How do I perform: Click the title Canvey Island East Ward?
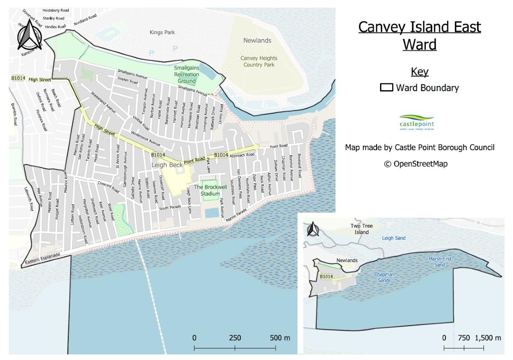click(419, 35)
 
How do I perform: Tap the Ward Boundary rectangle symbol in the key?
click(386, 88)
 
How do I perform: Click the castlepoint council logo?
click(416, 122)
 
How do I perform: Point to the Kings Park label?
click(162, 32)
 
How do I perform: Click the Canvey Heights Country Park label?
click(259, 61)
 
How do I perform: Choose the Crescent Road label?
click(108, 187)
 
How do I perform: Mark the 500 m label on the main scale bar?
click(280, 338)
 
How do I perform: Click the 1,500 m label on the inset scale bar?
click(488, 338)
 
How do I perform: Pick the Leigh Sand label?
click(394, 238)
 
